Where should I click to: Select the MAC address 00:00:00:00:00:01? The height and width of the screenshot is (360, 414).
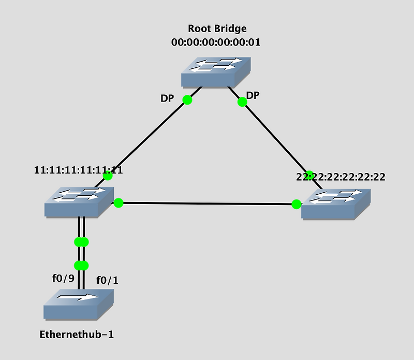point(216,42)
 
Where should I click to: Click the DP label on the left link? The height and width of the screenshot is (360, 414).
point(168,98)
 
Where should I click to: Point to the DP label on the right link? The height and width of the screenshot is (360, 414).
point(253,95)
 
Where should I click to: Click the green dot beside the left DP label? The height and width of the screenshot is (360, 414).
point(187,99)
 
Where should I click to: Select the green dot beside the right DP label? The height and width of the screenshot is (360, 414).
point(242,102)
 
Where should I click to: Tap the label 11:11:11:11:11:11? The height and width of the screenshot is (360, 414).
point(78,170)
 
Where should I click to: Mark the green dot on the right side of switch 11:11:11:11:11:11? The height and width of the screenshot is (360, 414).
point(119,203)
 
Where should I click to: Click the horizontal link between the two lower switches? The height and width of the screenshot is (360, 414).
point(207,204)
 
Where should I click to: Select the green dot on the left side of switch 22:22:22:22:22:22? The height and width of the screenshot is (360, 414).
point(297,204)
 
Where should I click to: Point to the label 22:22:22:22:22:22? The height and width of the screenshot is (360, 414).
point(341,177)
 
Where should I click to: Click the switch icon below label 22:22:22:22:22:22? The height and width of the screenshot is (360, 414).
point(336,204)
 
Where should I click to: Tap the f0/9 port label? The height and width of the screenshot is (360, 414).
point(63,278)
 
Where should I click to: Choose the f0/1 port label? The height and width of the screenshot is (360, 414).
point(108,280)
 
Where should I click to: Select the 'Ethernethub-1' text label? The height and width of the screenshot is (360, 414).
point(77,334)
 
